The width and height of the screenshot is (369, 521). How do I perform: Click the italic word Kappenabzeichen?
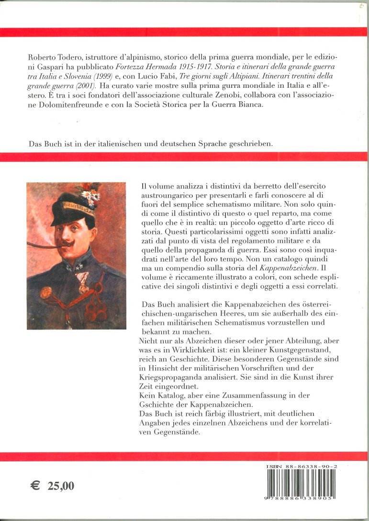[x=289, y=267]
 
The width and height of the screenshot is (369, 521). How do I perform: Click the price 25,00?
[x=61, y=486]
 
